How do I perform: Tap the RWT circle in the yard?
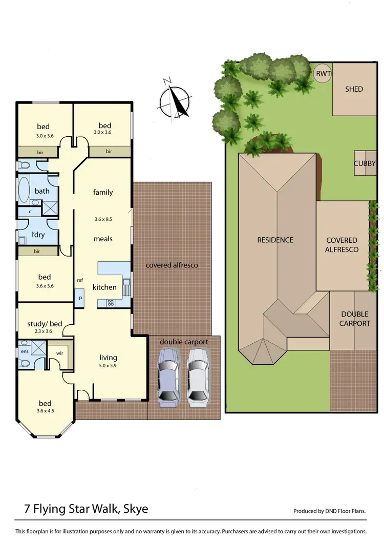click(323, 74)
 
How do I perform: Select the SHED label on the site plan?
click(354, 89)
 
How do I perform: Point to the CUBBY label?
click(365, 163)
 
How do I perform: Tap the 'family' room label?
click(103, 192)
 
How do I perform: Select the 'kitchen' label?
click(104, 287)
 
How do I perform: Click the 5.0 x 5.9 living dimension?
click(108, 366)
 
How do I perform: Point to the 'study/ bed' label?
click(44, 323)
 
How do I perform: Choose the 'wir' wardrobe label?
click(59, 353)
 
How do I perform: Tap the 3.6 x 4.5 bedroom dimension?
click(44, 411)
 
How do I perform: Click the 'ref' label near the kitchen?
click(80, 280)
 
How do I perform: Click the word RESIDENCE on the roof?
click(275, 240)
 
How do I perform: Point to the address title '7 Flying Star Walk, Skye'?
click(87, 509)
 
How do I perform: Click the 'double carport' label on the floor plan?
click(184, 342)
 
